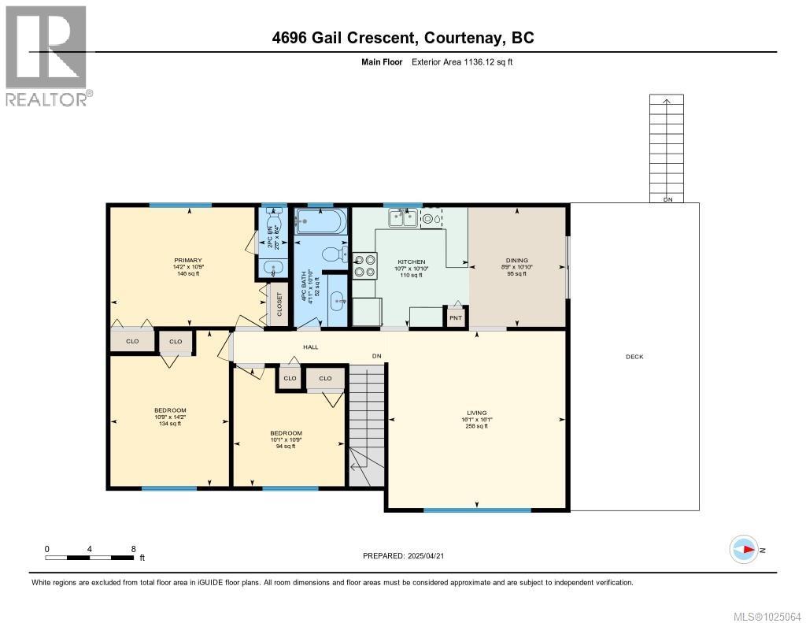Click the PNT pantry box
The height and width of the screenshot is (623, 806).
click(x=455, y=317)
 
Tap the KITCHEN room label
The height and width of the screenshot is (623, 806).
click(x=411, y=261)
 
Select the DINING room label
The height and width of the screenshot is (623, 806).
click(x=517, y=261)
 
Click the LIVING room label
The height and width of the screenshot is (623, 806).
click(x=476, y=413)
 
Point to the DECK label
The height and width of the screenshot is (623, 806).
click(x=634, y=357)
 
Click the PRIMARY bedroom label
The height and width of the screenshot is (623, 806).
click(x=188, y=261)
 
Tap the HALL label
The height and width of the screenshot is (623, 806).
click(x=310, y=347)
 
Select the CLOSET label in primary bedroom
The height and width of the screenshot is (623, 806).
click(x=279, y=305)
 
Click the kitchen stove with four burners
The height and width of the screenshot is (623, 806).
click(x=364, y=265)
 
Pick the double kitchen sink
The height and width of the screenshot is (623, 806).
click(x=402, y=217)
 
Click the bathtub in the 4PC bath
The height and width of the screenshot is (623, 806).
click(x=320, y=220)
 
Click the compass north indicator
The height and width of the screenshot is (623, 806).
click(x=744, y=549)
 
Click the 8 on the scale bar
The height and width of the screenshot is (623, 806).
click(x=133, y=549)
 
